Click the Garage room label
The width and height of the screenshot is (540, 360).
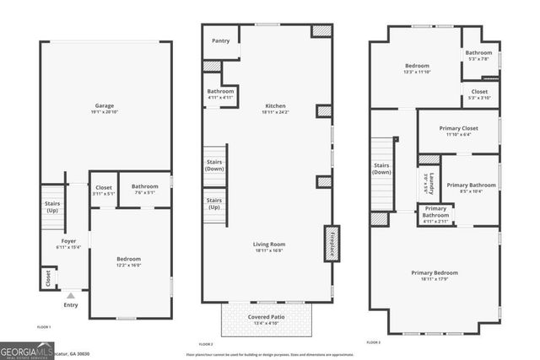(104, 105)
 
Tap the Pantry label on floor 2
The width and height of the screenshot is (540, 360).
(220, 40)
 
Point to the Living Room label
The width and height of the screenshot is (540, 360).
(270, 244)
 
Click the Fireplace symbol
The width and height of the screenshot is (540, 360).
(332, 242)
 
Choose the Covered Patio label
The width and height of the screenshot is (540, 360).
(266, 317)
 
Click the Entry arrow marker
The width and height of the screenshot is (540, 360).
(71, 295)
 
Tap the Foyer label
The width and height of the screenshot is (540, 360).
(68, 240)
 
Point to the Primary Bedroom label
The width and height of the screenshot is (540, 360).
(435, 273)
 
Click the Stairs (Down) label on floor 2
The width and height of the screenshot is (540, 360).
(214, 165)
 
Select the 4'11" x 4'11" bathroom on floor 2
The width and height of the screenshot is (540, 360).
(220, 95)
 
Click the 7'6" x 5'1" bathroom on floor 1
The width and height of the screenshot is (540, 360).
(144, 191)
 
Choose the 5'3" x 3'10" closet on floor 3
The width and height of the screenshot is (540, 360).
(479, 94)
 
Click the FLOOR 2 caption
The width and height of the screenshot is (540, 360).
(206, 344)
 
